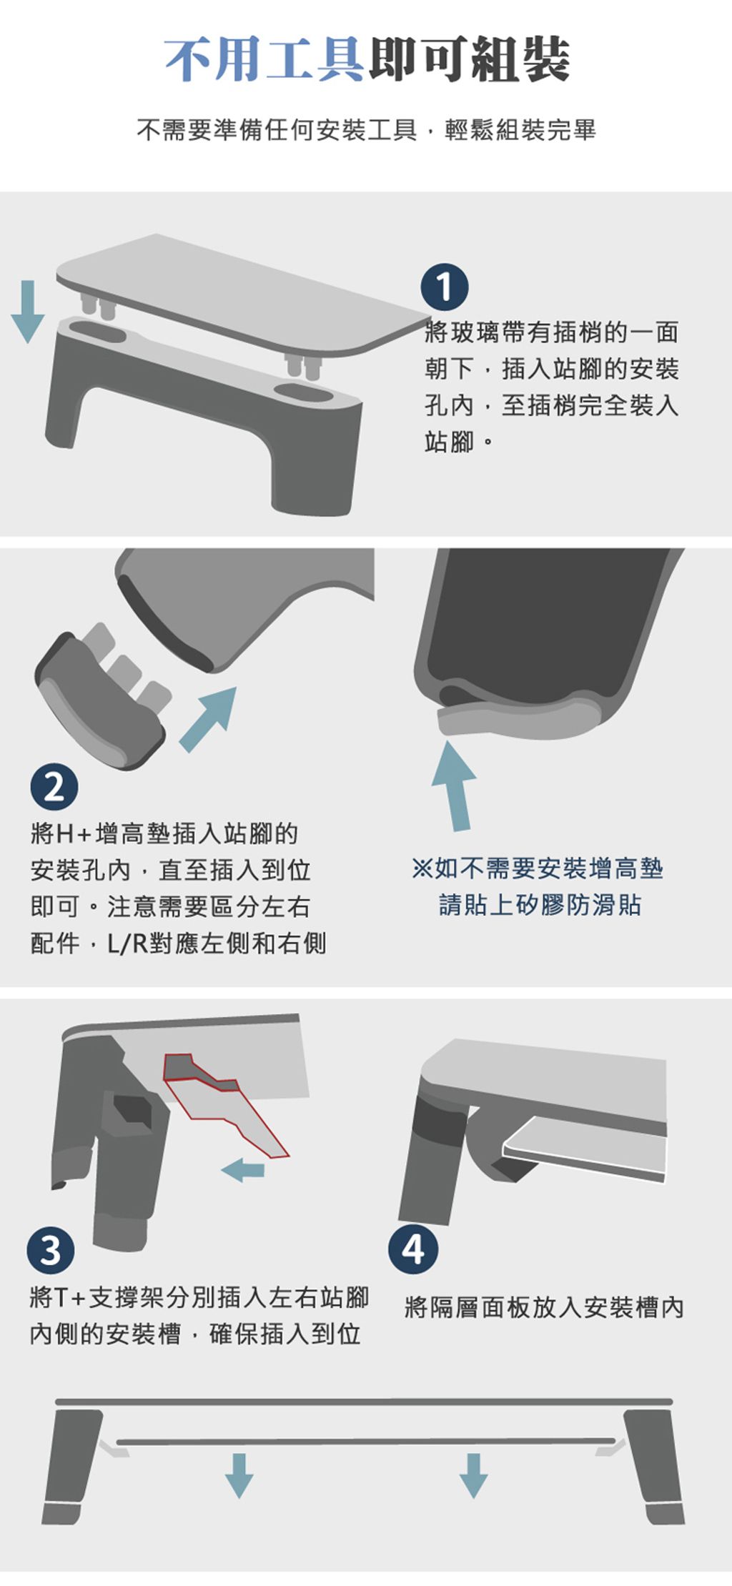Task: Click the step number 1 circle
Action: click(444, 287)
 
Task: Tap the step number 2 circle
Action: click(54, 787)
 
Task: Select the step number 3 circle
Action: click(51, 1250)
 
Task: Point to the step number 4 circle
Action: click(413, 1249)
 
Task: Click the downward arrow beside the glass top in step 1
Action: click(28, 312)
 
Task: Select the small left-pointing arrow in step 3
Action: click(243, 1170)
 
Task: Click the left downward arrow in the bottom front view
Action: click(239, 1475)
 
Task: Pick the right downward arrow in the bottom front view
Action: click(473, 1475)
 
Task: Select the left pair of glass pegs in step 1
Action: click(98, 305)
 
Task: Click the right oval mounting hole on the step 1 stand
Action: click(303, 393)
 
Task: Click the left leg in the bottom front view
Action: click(71, 1465)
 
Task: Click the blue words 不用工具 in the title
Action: click(265, 59)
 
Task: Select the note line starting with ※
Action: click(538, 868)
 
